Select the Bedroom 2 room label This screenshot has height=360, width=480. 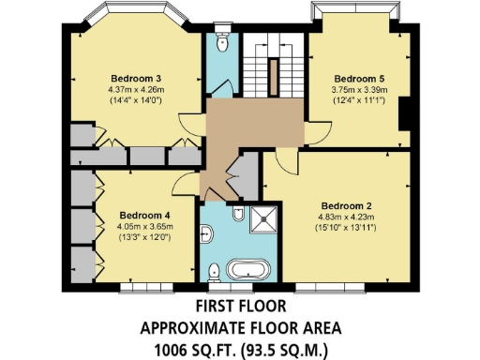pos(347,205)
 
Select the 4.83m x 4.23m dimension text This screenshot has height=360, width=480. pos(347,217)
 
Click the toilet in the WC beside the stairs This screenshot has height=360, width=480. pos(222,43)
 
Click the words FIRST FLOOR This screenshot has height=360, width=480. pos(239,307)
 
